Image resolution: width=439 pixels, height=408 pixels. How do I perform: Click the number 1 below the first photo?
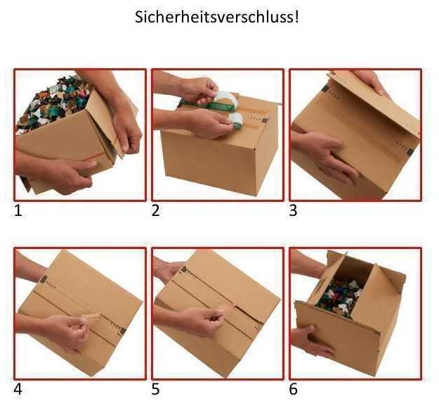tap(19, 210)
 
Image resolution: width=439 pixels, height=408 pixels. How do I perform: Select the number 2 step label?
tap(156, 210)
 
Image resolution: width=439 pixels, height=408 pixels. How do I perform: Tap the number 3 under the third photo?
tap(293, 210)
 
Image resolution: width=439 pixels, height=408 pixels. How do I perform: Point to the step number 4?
tap(19, 388)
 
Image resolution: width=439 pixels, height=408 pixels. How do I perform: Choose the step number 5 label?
tap(156, 388)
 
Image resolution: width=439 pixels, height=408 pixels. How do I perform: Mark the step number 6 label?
tap(294, 388)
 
